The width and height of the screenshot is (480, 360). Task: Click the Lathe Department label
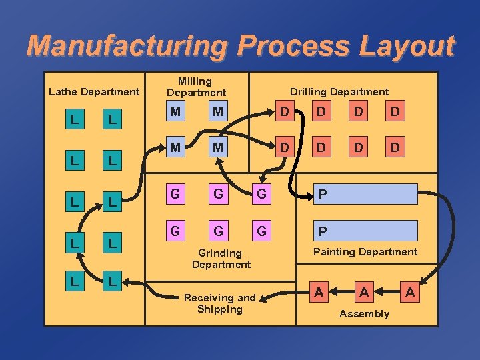click(94, 91)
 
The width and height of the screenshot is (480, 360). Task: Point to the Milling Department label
click(196, 87)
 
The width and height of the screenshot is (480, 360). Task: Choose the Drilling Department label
click(339, 91)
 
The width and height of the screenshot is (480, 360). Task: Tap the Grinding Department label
click(221, 259)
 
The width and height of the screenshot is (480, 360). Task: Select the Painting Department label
click(365, 251)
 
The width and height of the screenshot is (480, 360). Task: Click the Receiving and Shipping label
click(219, 303)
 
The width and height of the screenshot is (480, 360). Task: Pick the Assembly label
click(364, 313)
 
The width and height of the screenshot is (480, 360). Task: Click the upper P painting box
click(367, 194)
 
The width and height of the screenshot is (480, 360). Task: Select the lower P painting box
click(367, 231)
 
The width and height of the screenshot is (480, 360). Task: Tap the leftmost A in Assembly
click(320, 292)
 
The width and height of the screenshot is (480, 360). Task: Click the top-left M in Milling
click(175, 111)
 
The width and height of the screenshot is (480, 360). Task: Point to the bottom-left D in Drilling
click(285, 146)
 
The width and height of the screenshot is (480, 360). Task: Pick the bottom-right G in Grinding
click(262, 231)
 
